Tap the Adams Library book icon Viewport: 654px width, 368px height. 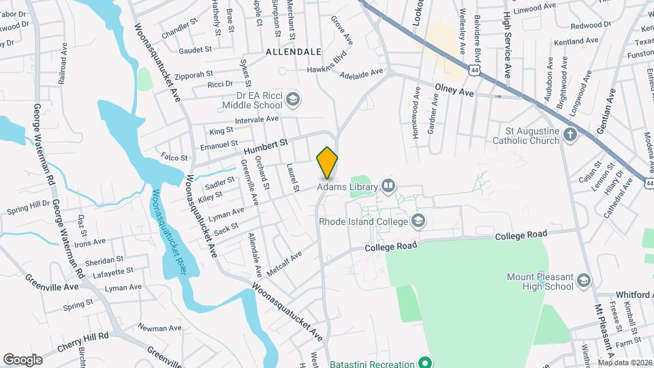click(388, 185)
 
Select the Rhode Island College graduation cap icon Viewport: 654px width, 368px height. click(418, 221)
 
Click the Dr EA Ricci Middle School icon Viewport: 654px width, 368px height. click(292, 99)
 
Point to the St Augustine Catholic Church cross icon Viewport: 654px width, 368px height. click(571, 135)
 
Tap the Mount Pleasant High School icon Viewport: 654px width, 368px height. click(584, 281)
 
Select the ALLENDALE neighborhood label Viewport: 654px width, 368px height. click(294, 52)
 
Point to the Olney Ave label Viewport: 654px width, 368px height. click(454, 91)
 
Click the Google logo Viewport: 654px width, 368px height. click(22, 359)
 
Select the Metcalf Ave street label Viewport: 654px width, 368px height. click(284, 264)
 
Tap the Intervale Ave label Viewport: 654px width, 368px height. click(256, 119)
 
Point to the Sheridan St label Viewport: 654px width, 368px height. click(104, 260)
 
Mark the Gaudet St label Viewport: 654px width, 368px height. click(196, 50)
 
